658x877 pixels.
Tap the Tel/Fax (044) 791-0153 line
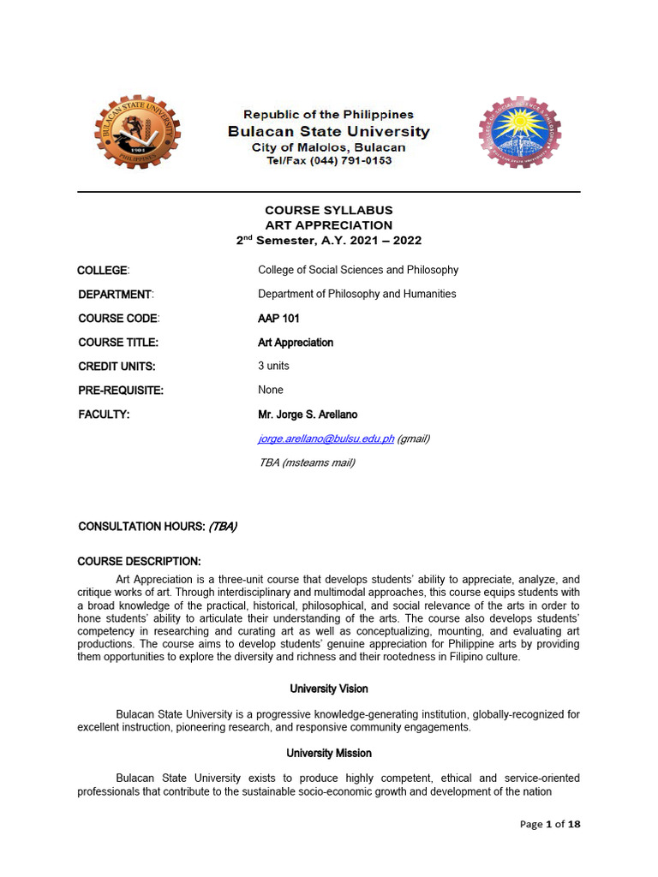tap(328, 161)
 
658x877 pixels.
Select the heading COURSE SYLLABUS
tap(328, 210)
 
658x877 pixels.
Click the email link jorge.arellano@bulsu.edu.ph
tap(326, 438)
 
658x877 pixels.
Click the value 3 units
tap(273, 366)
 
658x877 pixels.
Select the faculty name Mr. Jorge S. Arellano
tap(308, 415)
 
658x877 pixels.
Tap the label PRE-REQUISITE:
tap(120, 391)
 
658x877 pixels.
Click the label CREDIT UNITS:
tap(117, 367)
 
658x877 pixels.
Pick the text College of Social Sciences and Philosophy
tap(358, 270)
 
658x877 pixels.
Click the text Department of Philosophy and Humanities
tap(356, 294)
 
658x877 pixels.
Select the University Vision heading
tap(328, 689)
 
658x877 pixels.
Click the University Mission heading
tap(328, 753)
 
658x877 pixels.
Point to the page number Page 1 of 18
tap(550, 824)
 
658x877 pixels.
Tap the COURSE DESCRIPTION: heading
tap(139, 562)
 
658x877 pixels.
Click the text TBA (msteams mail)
tap(306, 462)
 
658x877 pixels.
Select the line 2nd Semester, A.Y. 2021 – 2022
tap(328, 241)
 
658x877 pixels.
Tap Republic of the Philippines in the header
tap(328, 115)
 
